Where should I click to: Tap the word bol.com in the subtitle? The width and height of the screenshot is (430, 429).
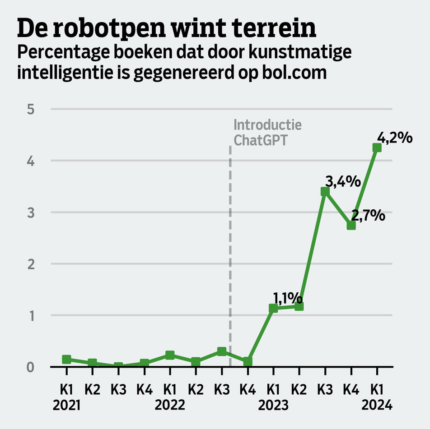coord(294,72)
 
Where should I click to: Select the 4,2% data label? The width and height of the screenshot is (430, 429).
coord(395,137)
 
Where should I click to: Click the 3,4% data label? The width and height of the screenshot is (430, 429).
coord(343,182)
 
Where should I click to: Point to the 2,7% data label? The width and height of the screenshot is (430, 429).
coord(368,216)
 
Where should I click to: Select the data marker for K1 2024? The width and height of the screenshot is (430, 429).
coord(377,148)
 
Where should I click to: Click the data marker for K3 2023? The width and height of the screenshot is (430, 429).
coord(325,192)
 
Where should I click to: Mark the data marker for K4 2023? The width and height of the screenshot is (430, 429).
coord(351,225)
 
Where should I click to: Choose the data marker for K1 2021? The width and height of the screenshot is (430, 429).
coord(66,360)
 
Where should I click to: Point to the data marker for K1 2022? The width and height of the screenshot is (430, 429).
coord(170,355)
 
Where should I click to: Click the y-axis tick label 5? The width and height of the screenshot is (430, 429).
coord(31,109)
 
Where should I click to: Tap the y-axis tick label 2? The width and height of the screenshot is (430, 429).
coord(31,264)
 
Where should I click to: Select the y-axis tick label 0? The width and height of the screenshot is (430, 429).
coord(31,367)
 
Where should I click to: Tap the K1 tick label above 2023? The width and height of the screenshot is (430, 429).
coord(273,389)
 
